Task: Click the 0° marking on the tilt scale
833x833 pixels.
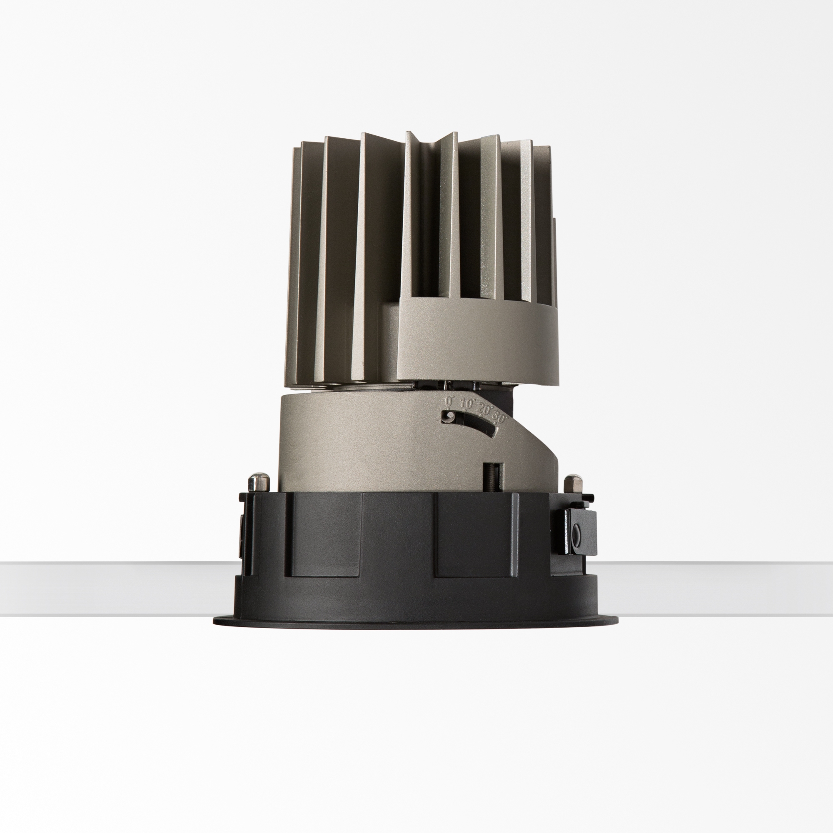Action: click(449, 402)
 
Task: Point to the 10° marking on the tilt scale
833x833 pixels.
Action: click(466, 404)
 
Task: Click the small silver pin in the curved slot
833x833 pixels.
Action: click(450, 415)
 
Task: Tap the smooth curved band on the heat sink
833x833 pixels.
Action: click(479, 341)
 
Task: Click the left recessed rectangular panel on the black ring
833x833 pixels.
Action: click(326, 535)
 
